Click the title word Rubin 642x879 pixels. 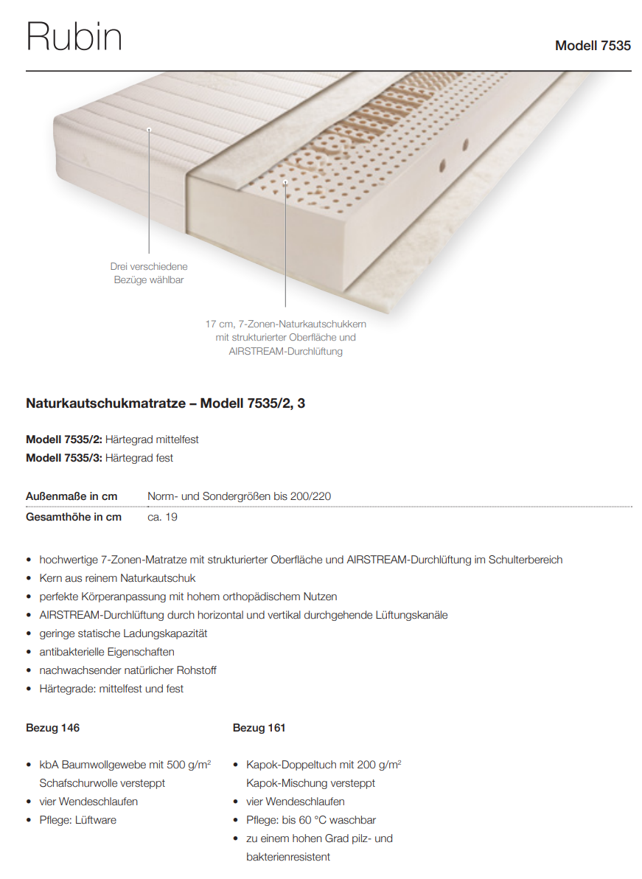tap(74, 37)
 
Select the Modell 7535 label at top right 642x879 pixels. tap(593, 46)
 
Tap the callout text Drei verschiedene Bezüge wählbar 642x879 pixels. tap(149, 273)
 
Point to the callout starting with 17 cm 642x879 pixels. tap(285, 337)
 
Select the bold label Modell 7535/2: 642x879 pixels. tap(64, 439)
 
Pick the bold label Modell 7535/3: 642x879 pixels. tap(64, 458)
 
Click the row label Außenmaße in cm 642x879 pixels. tap(71, 496)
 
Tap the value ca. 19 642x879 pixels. tap(162, 517)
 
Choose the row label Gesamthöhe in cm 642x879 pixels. tap(74, 517)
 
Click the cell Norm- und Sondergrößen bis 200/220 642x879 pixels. tap(239, 496)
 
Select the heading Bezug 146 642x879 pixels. tap(52, 728)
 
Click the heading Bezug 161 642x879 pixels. tap(259, 728)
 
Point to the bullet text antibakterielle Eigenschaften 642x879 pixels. tap(107, 652)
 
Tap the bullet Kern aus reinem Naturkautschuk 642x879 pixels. tap(117, 578)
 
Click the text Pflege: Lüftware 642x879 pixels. tap(77, 820)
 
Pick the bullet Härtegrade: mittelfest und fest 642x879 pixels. tap(111, 689)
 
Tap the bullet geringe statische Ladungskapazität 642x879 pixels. tap(123, 633)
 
